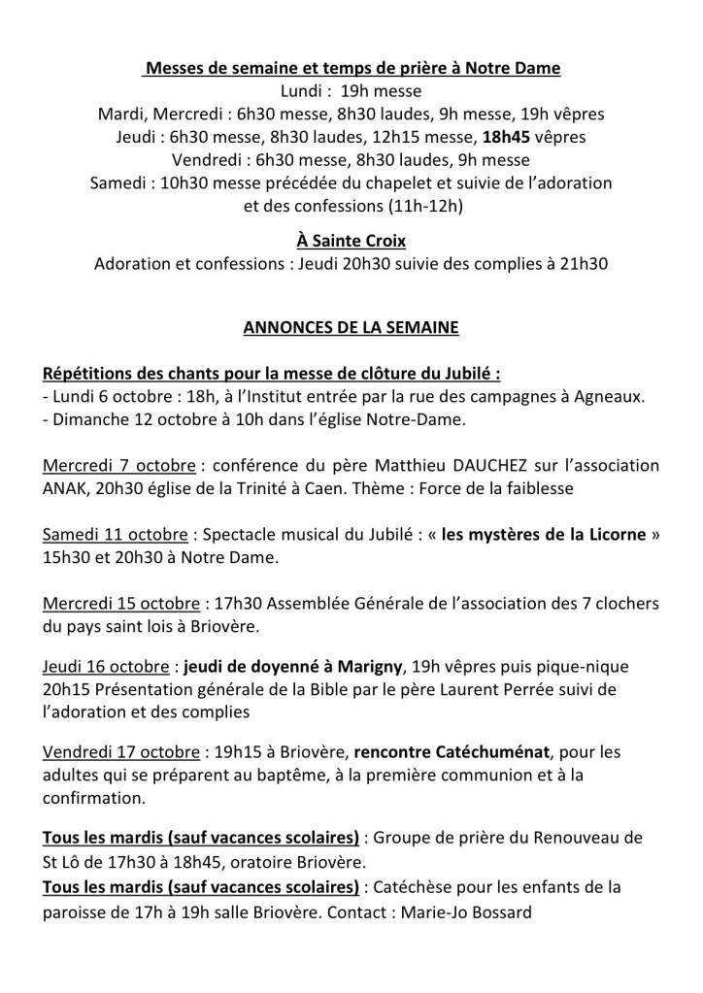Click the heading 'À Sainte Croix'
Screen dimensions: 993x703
click(x=351, y=242)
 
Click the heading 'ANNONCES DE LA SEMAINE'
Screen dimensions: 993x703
click(x=351, y=328)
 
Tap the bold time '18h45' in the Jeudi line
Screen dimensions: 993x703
click(x=511, y=137)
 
